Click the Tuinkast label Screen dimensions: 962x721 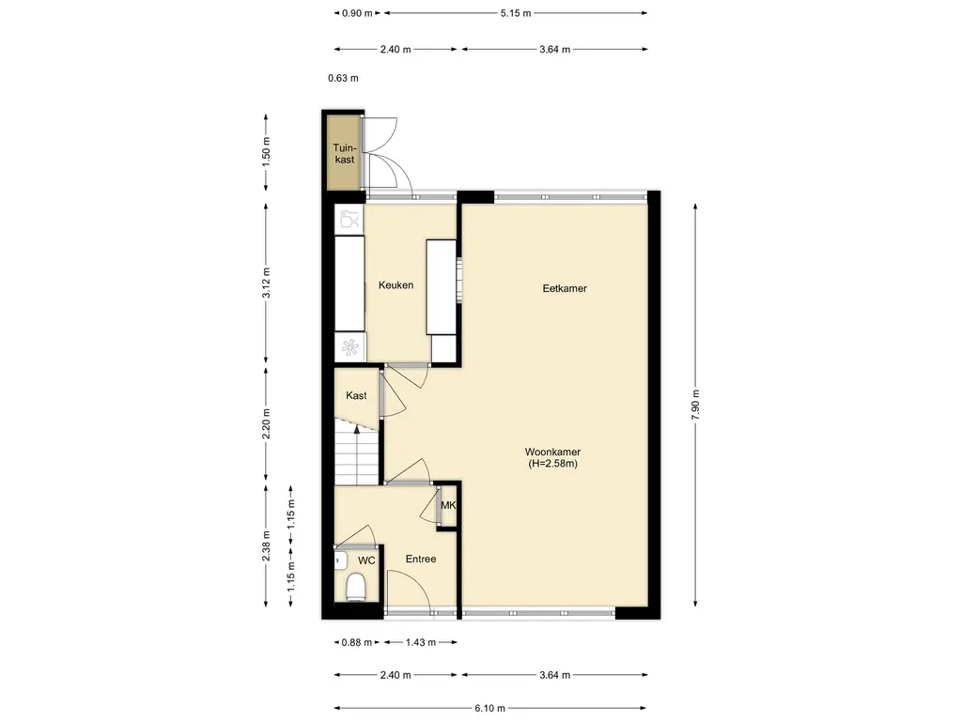(344, 153)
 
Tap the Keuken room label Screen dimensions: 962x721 (396, 285)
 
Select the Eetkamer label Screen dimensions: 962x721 (565, 288)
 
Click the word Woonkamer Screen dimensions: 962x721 (552, 452)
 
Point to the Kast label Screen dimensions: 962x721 (356, 395)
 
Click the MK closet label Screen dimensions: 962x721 (448, 505)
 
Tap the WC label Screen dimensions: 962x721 (366, 560)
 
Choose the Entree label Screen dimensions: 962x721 (421, 559)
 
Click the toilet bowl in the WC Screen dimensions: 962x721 (355, 587)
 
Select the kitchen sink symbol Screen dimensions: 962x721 (349, 219)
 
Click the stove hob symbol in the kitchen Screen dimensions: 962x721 (349, 347)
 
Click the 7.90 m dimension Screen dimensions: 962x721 (695, 405)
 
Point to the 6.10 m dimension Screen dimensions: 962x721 (489, 708)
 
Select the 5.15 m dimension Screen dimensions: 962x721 (516, 13)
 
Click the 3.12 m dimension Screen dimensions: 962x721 (266, 283)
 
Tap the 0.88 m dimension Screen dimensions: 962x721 (357, 642)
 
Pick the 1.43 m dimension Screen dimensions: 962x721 (421, 642)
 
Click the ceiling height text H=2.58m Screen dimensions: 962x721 (552, 464)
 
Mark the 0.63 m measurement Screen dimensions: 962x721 (343, 78)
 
